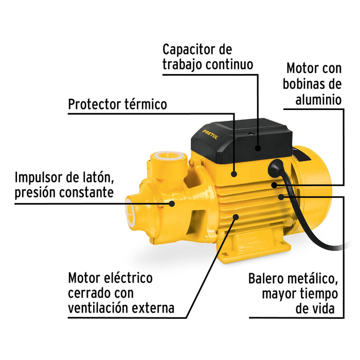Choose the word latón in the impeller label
(x=96, y=178)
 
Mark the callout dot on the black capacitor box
(x=257, y=148)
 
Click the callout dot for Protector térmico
(x=235, y=174)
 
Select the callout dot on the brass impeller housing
(x=172, y=203)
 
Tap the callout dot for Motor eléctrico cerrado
(x=236, y=218)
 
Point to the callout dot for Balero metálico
(x=281, y=195)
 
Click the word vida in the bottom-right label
(x=322, y=309)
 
